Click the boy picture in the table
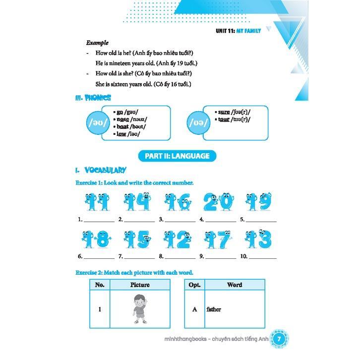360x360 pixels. [139, 308]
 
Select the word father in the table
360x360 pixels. [214, 309]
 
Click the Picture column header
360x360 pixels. [139, 285]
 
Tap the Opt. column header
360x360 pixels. [194, 285]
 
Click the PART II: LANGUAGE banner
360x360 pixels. [177, 156]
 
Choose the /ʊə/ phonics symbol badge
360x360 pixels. [200, 122]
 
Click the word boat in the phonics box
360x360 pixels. [122, 126]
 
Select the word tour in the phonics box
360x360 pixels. [224, 119]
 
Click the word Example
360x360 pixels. [97, 43]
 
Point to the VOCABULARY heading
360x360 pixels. [105, 170]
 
